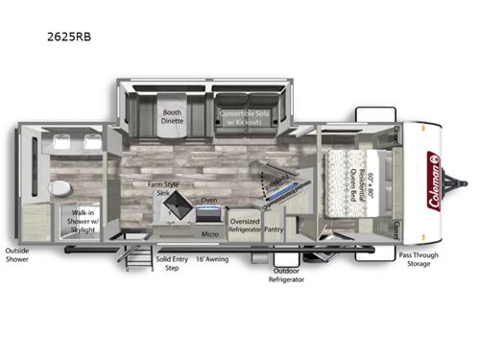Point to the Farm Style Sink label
pyautogui.click(x=164, y=187)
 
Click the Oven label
pyautogui.click(x=207, y=201)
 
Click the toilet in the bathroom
pyautogui.click(x=59, y=186)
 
